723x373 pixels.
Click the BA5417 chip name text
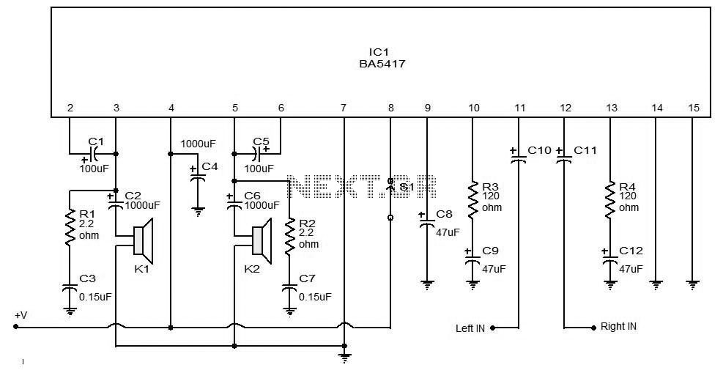click(382, 64)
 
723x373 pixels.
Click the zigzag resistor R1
click(69, 228)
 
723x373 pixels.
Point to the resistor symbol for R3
click(472, 199)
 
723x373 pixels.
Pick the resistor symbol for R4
click(610, 199)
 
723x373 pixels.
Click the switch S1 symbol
click(390, 199)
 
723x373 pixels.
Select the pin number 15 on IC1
click(693, 108)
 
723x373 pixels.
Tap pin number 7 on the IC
click(343, 108)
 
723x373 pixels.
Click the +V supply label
click(21, 316)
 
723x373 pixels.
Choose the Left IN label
click(470, 328)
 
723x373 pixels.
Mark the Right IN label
click(618, 326)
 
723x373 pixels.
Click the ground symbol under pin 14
click(656, 285)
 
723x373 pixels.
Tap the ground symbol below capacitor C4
click(198, 212)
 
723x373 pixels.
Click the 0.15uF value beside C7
click(315, 297)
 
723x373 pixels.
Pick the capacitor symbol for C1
click(93, 153)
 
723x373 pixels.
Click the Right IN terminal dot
click(594, 328)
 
